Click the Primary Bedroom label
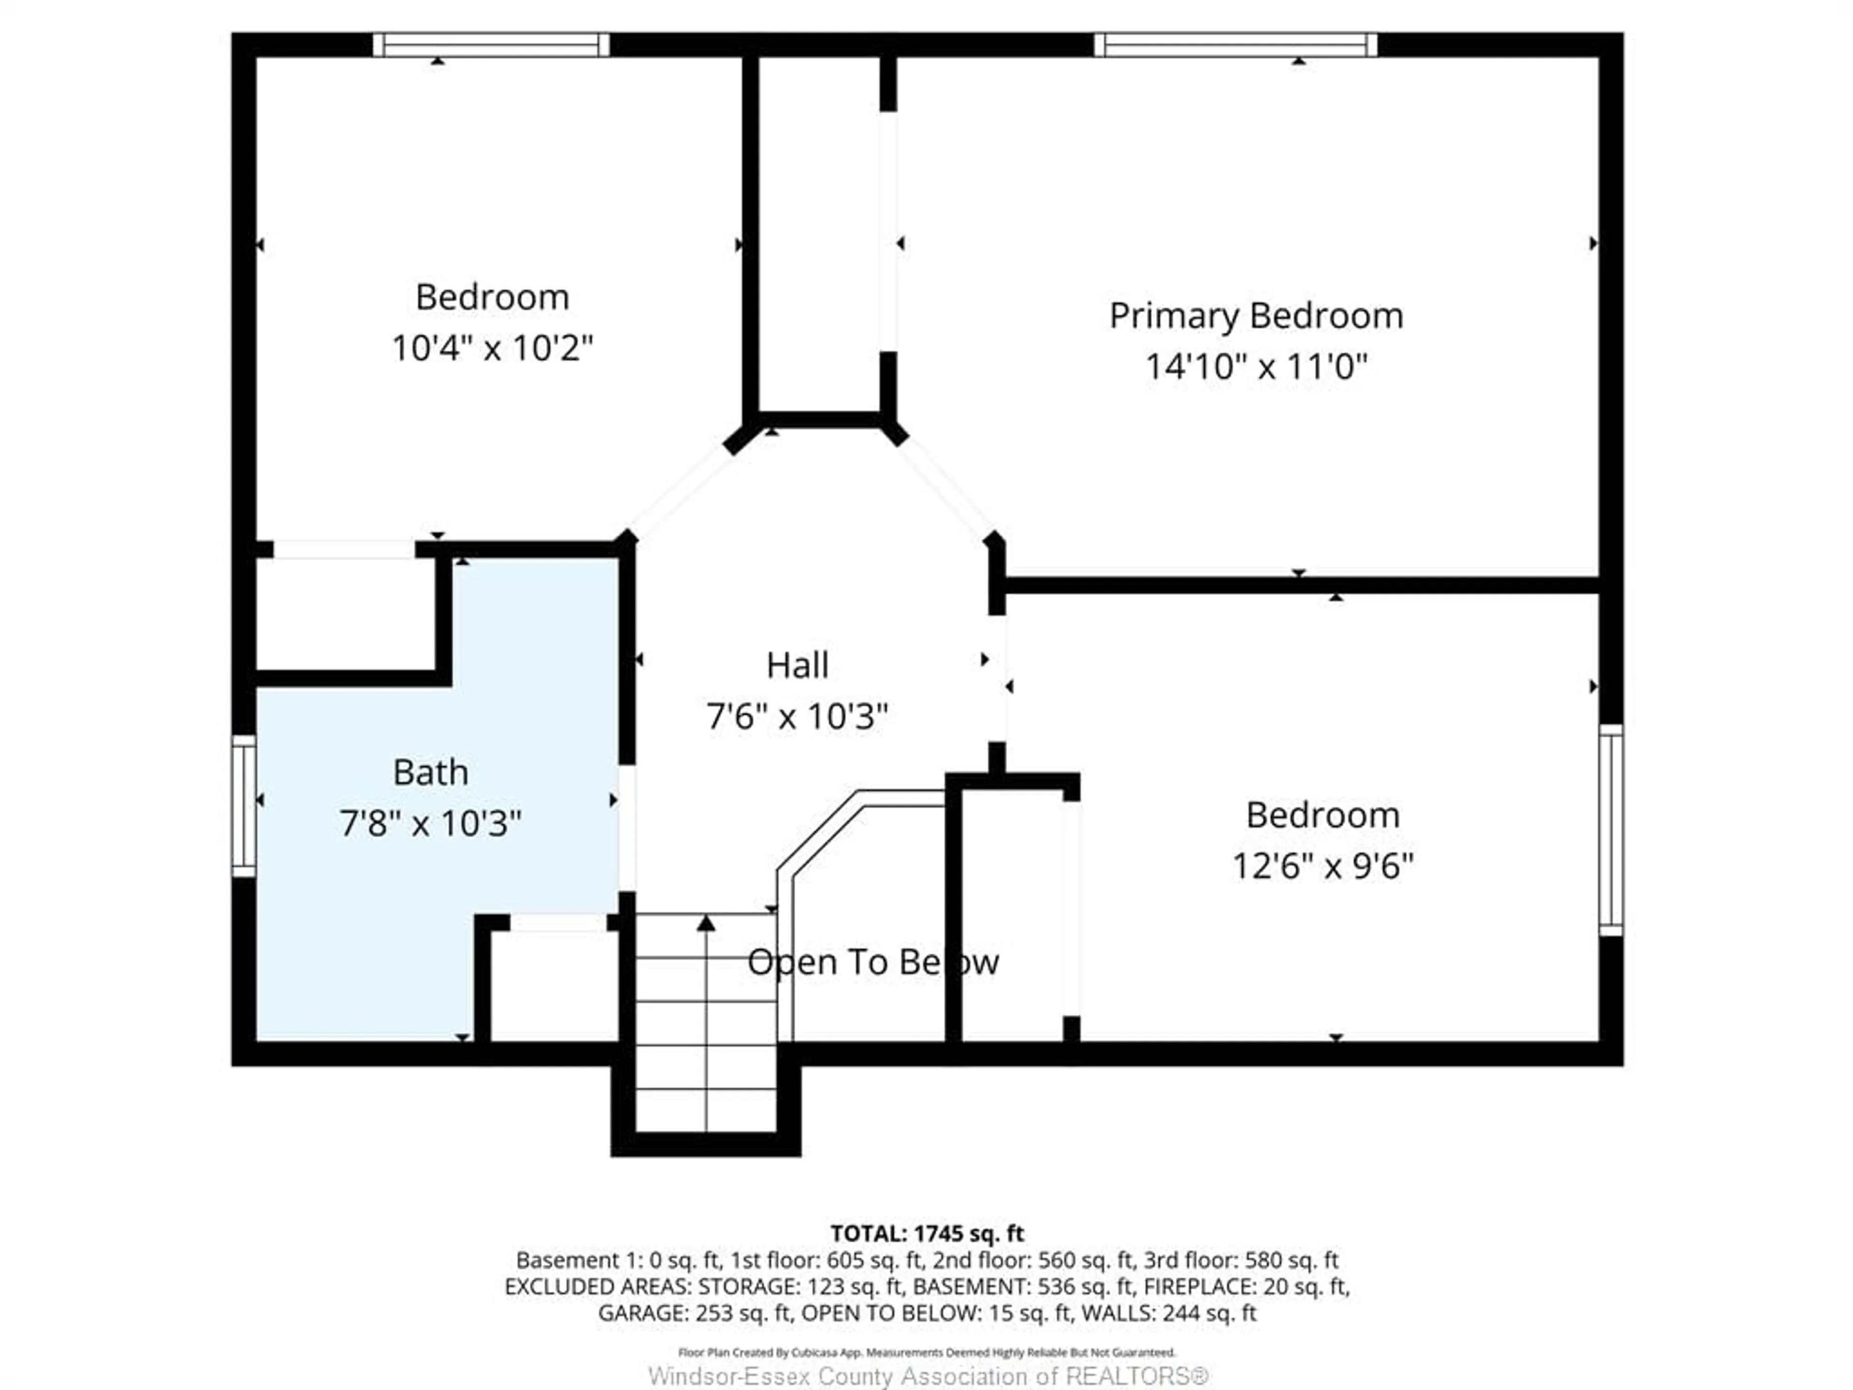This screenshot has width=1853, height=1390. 1256,316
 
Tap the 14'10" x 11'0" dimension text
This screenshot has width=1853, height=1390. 1256,367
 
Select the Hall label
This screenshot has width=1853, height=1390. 797,665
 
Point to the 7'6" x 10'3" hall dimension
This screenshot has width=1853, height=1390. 797,716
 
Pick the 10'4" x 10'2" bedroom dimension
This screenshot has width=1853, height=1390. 493,347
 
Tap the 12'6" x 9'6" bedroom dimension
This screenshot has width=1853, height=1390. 1322,865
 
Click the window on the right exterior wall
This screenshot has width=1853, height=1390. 1610,830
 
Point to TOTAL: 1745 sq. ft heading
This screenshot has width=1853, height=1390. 926,1233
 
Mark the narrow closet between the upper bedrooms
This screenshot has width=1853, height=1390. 819,235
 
